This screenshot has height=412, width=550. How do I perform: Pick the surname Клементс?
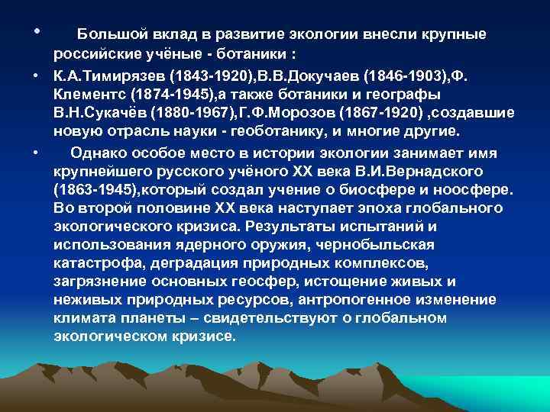(92, 95)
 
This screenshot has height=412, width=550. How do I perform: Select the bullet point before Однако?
(36, 153)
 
